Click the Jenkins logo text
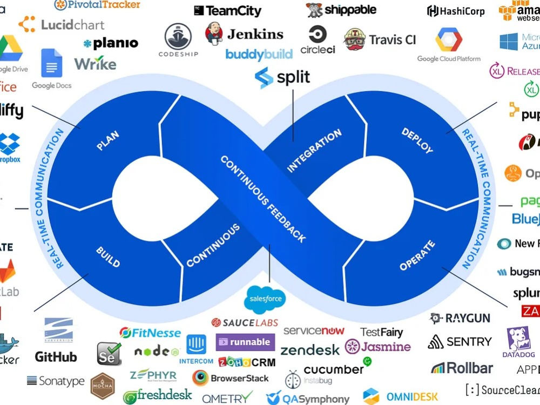(x=255, y=34)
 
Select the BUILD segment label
(x=107, y=257)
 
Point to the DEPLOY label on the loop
(x=417, y=140)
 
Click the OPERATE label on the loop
(x=417, y=256)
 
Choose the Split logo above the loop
(x=282, y=77)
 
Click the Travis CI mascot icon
(x=354, y=39)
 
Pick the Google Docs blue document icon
(x=51, y=64)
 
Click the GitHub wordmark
(x=56, y=357)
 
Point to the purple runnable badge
(x=246, y=342)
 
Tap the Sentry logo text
(x=469, y=341)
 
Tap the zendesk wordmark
(x=310, y=349)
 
